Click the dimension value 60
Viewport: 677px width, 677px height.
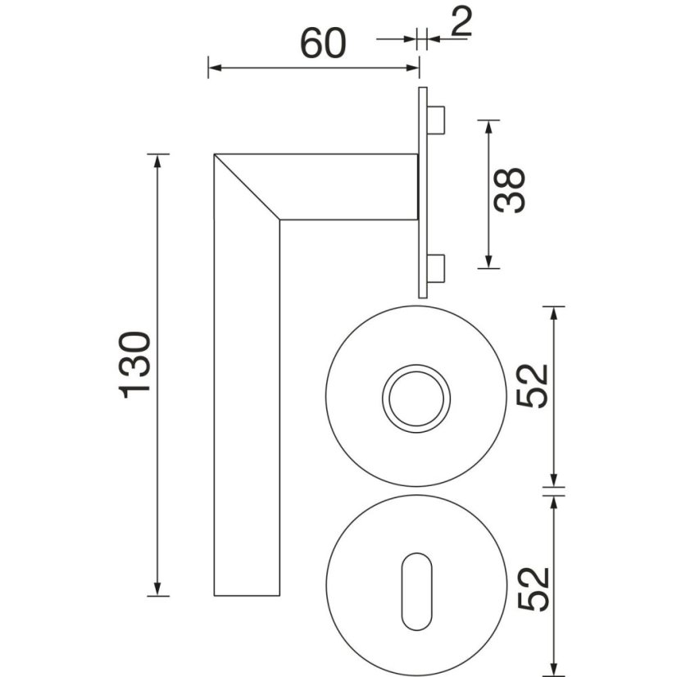coord(323,43)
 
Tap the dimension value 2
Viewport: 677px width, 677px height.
coord(461,21)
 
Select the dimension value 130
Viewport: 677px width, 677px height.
coord(134,365)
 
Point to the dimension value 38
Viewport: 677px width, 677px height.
coord(510,190)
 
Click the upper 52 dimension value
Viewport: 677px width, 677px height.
coord(533,386)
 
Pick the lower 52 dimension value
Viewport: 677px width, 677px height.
coord(533,589)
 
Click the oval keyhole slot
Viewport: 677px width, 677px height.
coord(416,591)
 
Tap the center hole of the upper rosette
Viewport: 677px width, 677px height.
coord(416,398)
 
